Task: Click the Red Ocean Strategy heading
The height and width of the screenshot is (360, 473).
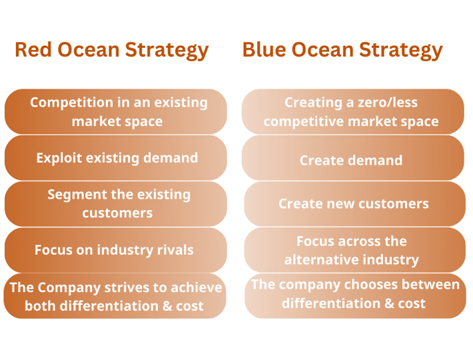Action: tap(112, 50)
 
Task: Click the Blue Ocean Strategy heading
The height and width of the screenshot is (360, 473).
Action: tap(342, 50)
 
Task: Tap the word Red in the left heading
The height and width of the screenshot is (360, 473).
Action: tap(33, 49)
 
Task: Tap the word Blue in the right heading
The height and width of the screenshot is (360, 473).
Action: tap(264, 49)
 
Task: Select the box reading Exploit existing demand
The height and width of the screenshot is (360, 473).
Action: tap(116, 158)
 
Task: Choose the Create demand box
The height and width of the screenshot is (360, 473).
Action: tap(352, 158)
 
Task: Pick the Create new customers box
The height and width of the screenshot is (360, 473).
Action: tap(354, 204)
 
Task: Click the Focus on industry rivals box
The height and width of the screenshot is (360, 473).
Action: tap(116, 250)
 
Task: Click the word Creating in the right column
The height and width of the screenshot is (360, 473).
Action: tap(313, 103)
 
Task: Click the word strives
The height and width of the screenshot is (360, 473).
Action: tap(127, 287)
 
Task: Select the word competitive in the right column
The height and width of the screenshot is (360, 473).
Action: tap(304, 121)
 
